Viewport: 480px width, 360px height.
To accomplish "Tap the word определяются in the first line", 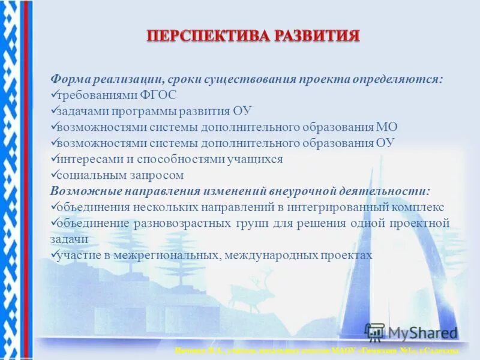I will pos(404,79).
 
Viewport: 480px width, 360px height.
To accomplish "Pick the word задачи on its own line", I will pos(70,239).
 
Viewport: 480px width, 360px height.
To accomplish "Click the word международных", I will pos(268,255).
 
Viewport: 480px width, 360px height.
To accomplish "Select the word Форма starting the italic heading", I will pos(70,79).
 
